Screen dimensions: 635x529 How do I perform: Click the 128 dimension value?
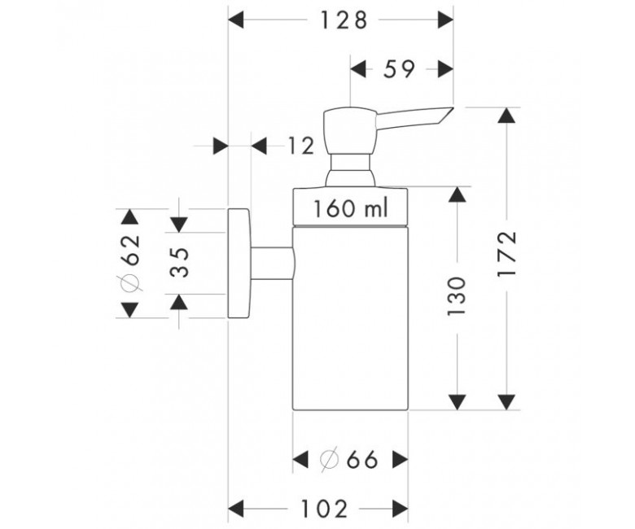(x=344, y=20)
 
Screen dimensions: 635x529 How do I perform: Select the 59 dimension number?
(x=399, y=69)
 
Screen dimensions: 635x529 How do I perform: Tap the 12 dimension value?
(x=301, y=146)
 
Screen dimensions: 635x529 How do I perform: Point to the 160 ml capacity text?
(x=351, y=208)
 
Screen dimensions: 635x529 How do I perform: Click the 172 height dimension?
(x=507, y=254)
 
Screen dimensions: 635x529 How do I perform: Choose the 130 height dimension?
(x=457, y=296)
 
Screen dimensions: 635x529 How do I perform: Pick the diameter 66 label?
(x=348, y=460)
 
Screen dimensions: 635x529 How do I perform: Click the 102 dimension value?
(x=324, y=509)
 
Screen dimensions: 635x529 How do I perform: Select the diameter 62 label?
(x=131, y=262)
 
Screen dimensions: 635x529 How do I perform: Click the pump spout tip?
(x=453, y=107)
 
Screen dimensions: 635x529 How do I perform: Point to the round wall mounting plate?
(x=239, y=263)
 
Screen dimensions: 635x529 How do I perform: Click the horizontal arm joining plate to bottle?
(x=273, y=263)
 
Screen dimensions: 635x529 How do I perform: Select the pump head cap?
(x=350, y=130)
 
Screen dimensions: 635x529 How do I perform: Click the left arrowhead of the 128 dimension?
(x=236, y=20)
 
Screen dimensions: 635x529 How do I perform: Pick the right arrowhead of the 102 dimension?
(x=400, y=509)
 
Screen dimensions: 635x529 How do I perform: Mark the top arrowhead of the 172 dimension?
(x=507, y=116)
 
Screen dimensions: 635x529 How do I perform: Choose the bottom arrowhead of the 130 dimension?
(x=458, y=401)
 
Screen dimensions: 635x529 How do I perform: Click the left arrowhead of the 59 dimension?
(x=358, y=69)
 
